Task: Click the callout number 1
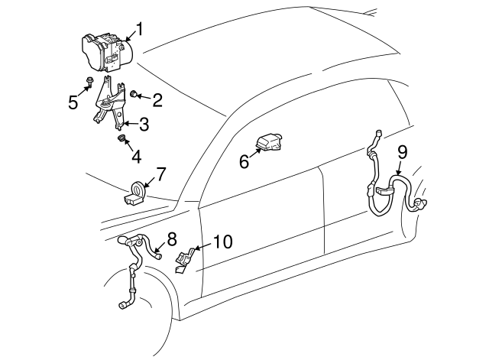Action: [x=139, y=31]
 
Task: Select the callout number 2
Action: [x=157, y=99]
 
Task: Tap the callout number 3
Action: [x=143, y=124]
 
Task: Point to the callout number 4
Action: [x=136, y=157]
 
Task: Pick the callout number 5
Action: [x=73, y=102]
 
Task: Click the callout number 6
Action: [x=244, y=161]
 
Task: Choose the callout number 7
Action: [x=160, y=174]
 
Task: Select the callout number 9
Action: [x=403, y=153]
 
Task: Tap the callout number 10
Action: [x=222, y=242]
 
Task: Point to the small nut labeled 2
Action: [x=135, y=94]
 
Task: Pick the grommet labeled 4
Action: [x=121, y=138]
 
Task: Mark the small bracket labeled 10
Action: [x=184, y=259]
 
